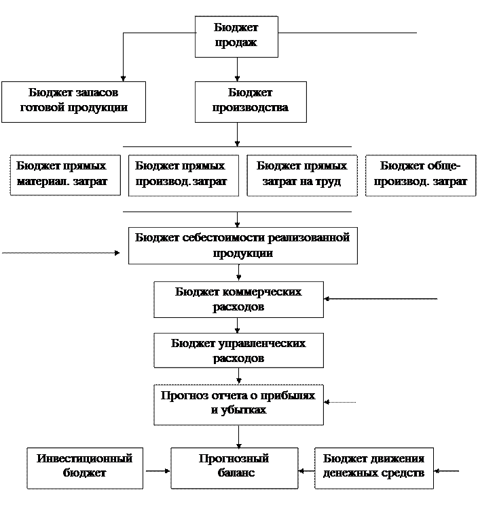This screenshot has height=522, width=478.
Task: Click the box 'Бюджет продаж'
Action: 236,36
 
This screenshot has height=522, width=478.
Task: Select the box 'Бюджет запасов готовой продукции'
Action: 73,102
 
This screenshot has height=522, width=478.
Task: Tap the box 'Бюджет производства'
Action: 250,102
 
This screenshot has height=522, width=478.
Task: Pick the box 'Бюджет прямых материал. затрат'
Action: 65,175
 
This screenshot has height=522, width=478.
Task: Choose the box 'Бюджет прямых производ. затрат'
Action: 183,175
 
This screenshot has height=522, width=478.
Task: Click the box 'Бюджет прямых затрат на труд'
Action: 301,175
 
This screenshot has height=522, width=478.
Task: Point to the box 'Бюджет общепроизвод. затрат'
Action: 420,175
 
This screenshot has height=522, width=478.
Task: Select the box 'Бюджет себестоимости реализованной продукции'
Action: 242,245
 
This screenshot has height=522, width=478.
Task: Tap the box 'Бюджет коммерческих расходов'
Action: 238,300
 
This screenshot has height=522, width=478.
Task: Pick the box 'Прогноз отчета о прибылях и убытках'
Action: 238,403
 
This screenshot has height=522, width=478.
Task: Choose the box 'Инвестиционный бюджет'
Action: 85,467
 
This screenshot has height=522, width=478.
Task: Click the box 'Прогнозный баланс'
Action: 234,467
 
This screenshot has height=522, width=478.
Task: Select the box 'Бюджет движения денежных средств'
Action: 374,467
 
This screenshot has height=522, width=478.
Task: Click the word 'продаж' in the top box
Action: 236,44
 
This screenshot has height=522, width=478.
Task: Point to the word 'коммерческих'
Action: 262,292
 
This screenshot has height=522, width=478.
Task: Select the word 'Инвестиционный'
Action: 85,459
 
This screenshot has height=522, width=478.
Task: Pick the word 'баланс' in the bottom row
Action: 234,473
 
